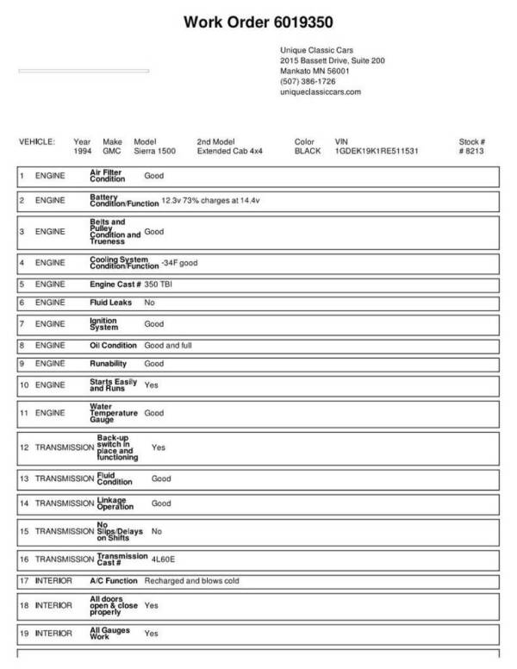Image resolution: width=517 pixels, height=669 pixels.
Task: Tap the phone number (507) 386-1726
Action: (308, 81)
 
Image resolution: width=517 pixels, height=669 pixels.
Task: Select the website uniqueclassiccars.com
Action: (321, 91)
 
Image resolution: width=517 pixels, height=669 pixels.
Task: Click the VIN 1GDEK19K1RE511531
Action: (377, 150)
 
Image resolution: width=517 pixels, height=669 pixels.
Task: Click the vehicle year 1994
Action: (83, 150)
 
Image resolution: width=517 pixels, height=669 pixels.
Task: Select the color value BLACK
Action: (308, 150)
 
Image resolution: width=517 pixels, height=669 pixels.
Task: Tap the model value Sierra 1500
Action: (155, 150)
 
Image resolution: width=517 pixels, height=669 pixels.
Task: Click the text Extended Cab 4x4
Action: (231, 150)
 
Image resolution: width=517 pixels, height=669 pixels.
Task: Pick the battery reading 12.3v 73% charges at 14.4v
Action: (211, 202)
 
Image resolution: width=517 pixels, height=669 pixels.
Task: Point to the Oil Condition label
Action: (112, 344)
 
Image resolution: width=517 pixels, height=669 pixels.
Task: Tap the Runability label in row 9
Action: (109, 364)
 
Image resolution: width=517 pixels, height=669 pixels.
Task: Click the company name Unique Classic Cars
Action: (316, 51)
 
